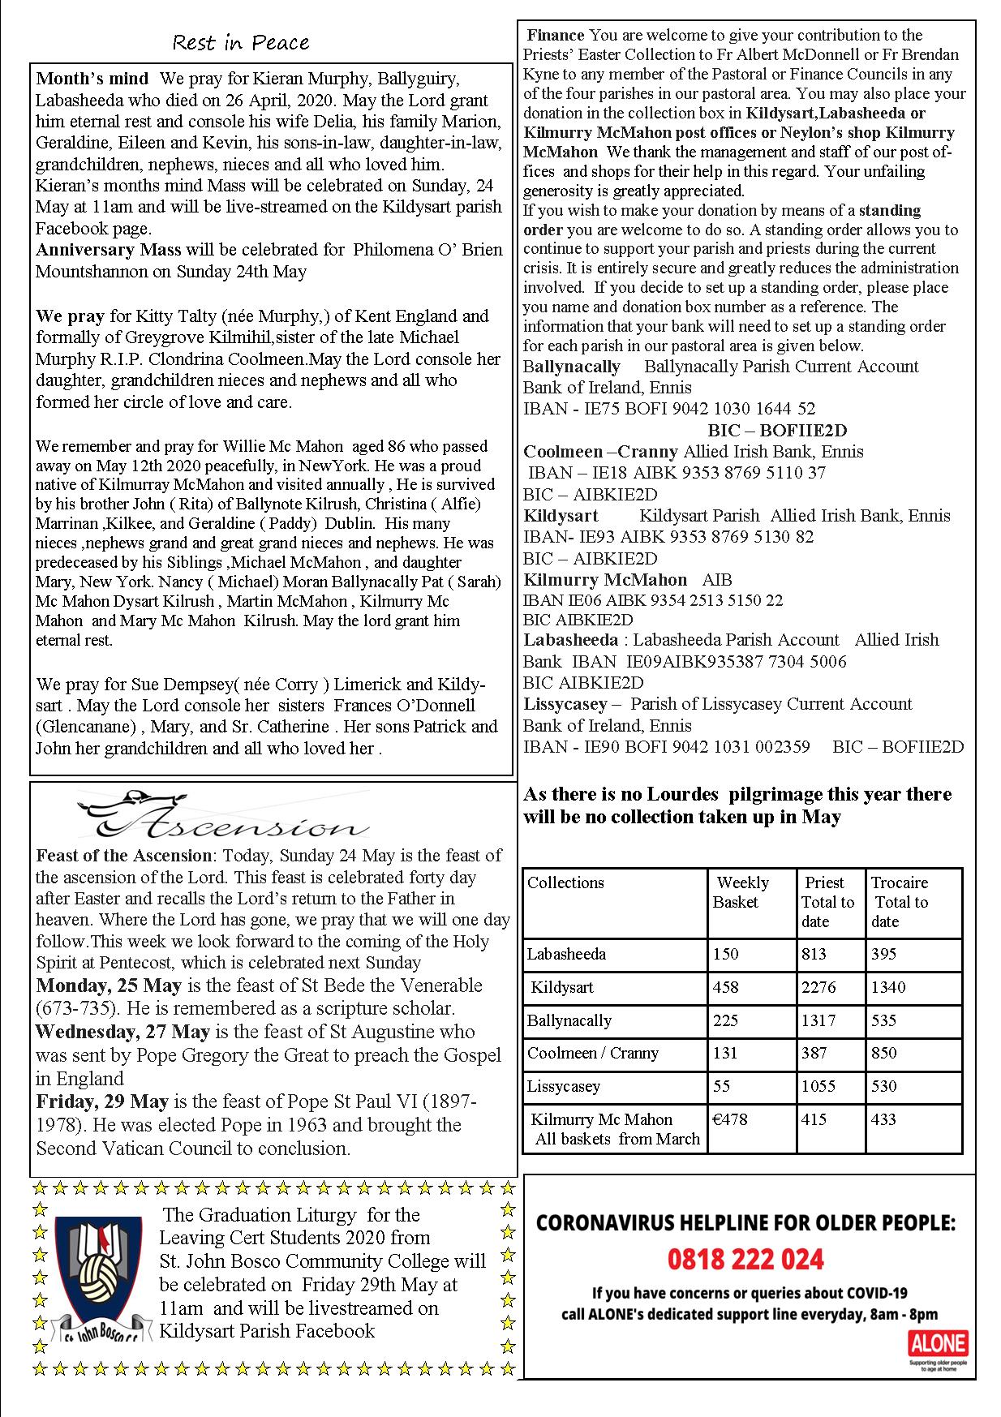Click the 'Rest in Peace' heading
point(241,42)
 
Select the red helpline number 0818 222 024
point(745,1260)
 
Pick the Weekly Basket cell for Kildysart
point(726,987)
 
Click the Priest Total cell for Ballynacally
point(818,1020)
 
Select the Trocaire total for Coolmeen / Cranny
point(884,1053)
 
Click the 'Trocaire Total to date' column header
point(900,901)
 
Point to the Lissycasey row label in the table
point(558,1086)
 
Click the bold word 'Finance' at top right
point(556,35)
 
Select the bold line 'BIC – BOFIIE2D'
point(766,430)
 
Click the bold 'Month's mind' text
point(92,79)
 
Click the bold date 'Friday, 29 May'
point(102,1101)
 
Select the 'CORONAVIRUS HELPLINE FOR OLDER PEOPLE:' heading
point(745,1223)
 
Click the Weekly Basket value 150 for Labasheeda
point(726,954)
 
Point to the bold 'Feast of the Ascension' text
point(123,855)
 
